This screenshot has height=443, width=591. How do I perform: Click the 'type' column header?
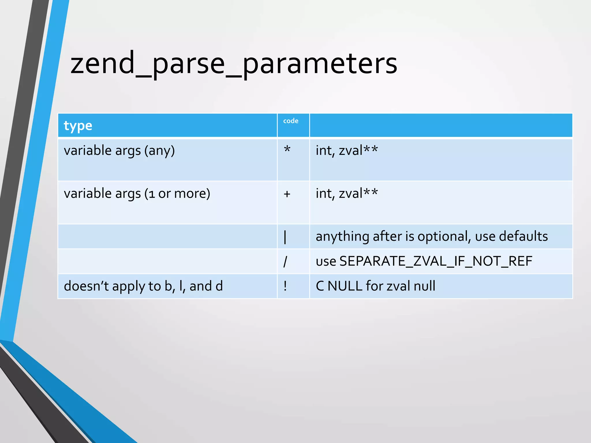(x=78, y=126)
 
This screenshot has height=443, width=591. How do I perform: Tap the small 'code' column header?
(x=291, y=121)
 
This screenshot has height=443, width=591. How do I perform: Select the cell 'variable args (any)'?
(x=119, y=151)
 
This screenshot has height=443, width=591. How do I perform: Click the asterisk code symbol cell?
(x=287, y=150)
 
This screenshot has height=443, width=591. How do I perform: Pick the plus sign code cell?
(x=287, y=194)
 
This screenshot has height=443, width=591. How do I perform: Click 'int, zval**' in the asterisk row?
(x=347, y=151)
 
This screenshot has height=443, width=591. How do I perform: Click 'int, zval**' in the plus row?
(x=347, y=193)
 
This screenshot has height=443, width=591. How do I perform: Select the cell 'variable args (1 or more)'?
(x=137, y=193)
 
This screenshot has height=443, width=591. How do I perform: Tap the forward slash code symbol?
(x=285, y=261)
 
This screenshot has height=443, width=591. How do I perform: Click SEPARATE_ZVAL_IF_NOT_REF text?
(x=436, y=261)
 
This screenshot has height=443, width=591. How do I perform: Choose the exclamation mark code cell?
(x=285, y=286)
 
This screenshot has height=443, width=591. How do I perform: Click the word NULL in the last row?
(x=345, y=286)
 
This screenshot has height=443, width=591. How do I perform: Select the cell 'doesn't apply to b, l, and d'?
(x=143, y=286)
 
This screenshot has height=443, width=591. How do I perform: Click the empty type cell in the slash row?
(x=167, y=261)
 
